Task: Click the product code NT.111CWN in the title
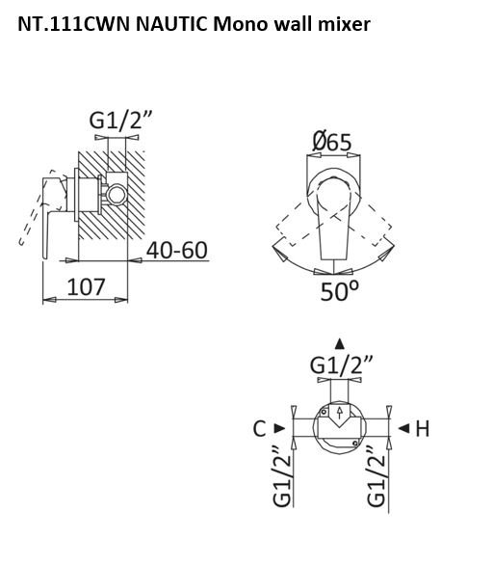pyautogui.click(x=73, y=24)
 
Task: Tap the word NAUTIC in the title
pyautogui.click(x=171, y=24)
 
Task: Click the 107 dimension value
pyautogui.click(x=86, y=286)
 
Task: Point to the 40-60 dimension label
pyautogui.click(x=177, y=250)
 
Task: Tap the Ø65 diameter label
pyautogui.click(x=331, y=142)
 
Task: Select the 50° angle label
pyautogui.click(x=340, y=291)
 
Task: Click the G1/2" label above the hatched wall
pyautogui.click(x=120, y=121)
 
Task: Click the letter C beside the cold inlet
pyautogui.click(x=259, y=429)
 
